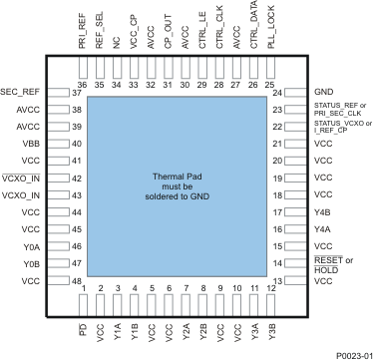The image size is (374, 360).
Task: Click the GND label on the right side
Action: coord(322,92)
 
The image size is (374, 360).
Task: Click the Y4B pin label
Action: coord(321,211)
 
